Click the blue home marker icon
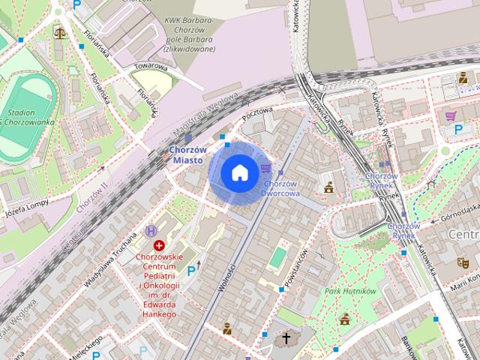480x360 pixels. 239,173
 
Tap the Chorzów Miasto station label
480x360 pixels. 184,154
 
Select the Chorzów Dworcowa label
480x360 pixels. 281,187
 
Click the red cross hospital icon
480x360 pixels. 159,245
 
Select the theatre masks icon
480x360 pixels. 463,262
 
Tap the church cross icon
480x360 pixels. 286,339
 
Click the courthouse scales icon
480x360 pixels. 59,32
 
